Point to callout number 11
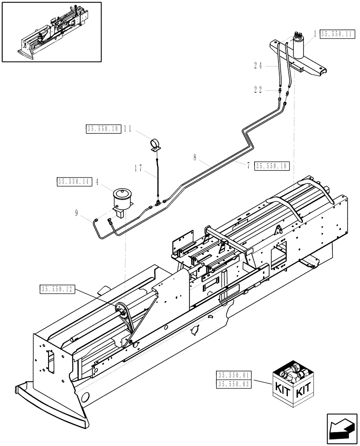128,129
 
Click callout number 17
138,168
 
